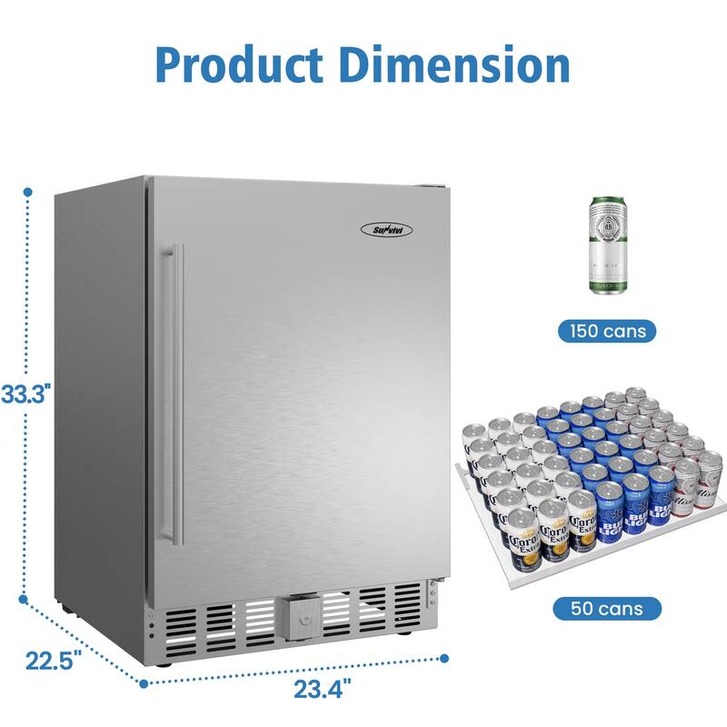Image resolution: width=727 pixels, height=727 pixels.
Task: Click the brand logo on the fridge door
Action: tap(391, 229)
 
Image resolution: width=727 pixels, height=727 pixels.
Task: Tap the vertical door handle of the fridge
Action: tap(177, 393)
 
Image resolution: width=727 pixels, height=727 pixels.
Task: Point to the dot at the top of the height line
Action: tap(28, 193)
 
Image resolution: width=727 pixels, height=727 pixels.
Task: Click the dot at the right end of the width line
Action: tap(445, 657)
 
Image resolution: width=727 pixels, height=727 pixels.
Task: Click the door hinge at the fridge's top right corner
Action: tap(434, 188)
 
